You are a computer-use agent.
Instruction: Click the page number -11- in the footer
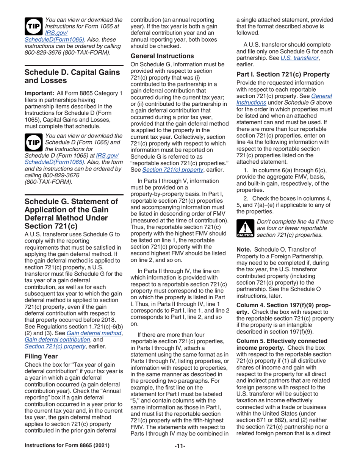[x=180, y=455]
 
